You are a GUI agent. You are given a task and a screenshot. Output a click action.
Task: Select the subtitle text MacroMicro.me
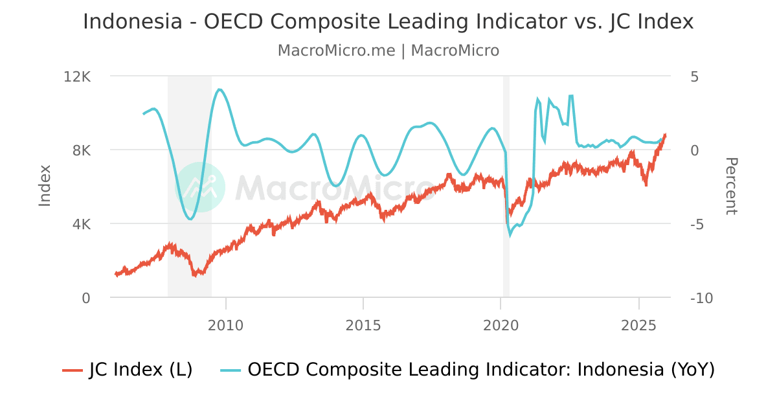pyautogui.click(x=336, y=51)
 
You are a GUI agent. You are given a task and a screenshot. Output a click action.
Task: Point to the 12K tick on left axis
pyautogui.click(x=78, y=76)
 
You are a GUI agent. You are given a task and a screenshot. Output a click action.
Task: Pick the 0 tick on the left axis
pyautogui.click(x=86, y=298)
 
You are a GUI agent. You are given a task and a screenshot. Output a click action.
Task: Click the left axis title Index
pyautogui.click(x=45, y=186)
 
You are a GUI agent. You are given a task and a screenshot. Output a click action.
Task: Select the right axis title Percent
pyautogui.click(x=730, y=186)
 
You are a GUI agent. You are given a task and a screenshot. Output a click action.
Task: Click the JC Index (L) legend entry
pyautogui.click(x=128, y=370)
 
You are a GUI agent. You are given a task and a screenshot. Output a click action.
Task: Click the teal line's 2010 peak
pyautogui.click(x=220, y=89)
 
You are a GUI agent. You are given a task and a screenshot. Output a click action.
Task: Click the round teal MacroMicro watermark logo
pyautogui.click(x=200, y=187)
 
